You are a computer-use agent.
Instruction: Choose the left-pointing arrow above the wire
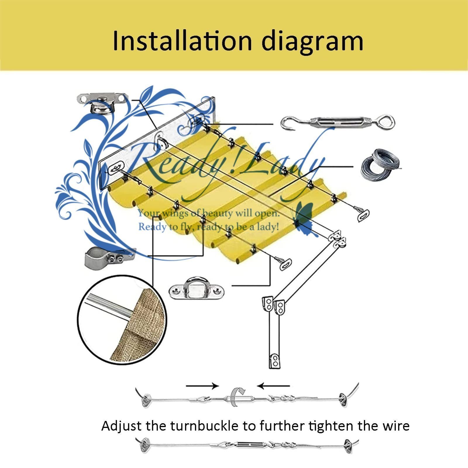(274, 386)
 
